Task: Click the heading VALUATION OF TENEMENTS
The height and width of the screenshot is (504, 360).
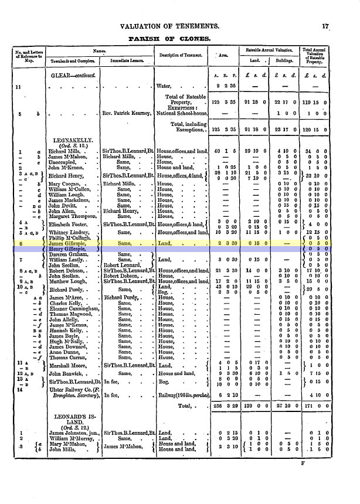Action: tap(169, 26)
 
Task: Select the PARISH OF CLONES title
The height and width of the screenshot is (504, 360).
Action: tap(169, 38)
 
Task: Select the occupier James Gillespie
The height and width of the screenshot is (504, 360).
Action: tap(68, 243)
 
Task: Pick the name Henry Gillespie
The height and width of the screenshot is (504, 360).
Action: tap(68, 249)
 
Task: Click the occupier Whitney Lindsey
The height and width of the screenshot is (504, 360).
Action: tap(69, 233)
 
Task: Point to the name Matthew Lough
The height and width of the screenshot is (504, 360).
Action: tap(67, 281)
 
